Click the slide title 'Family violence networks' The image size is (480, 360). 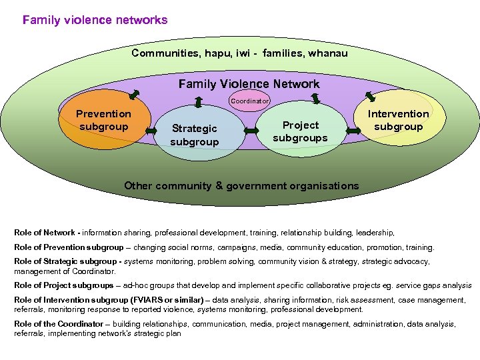point(95,20)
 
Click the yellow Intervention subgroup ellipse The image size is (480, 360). point(398,120)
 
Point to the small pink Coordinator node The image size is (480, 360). point(249,101)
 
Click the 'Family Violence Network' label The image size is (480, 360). point(249,84)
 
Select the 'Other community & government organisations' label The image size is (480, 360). point(241,186)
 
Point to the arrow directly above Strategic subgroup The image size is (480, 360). point(198,102)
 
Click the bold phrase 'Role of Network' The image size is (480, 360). point(45,233)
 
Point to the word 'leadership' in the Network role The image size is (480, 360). point(375,233)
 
